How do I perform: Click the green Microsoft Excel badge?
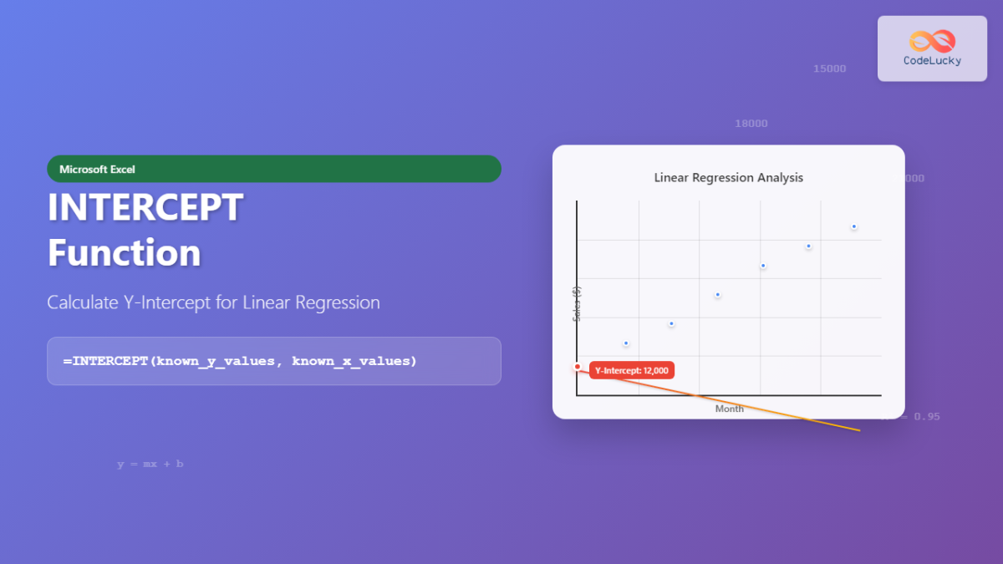point(273,169)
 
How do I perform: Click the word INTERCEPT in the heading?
point(145,207)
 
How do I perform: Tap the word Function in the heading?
point(124,252)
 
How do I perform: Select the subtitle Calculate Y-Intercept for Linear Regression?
point(213,302)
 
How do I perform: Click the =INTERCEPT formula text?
point(239,361)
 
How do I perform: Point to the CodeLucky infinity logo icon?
point(932,41)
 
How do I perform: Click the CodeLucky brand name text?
point(932,61)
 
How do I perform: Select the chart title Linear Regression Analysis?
point(728,178)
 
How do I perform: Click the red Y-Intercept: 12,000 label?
point(632,370)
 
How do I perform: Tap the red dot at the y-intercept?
point(577,367)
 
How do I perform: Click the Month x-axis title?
point(729,409)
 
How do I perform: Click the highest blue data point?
point(853,226)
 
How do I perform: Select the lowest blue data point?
point(625,343)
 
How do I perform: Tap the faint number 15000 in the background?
point(829,69)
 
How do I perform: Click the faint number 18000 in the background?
point(751,124)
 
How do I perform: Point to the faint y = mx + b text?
point(150,464)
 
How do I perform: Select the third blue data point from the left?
point(717,295)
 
